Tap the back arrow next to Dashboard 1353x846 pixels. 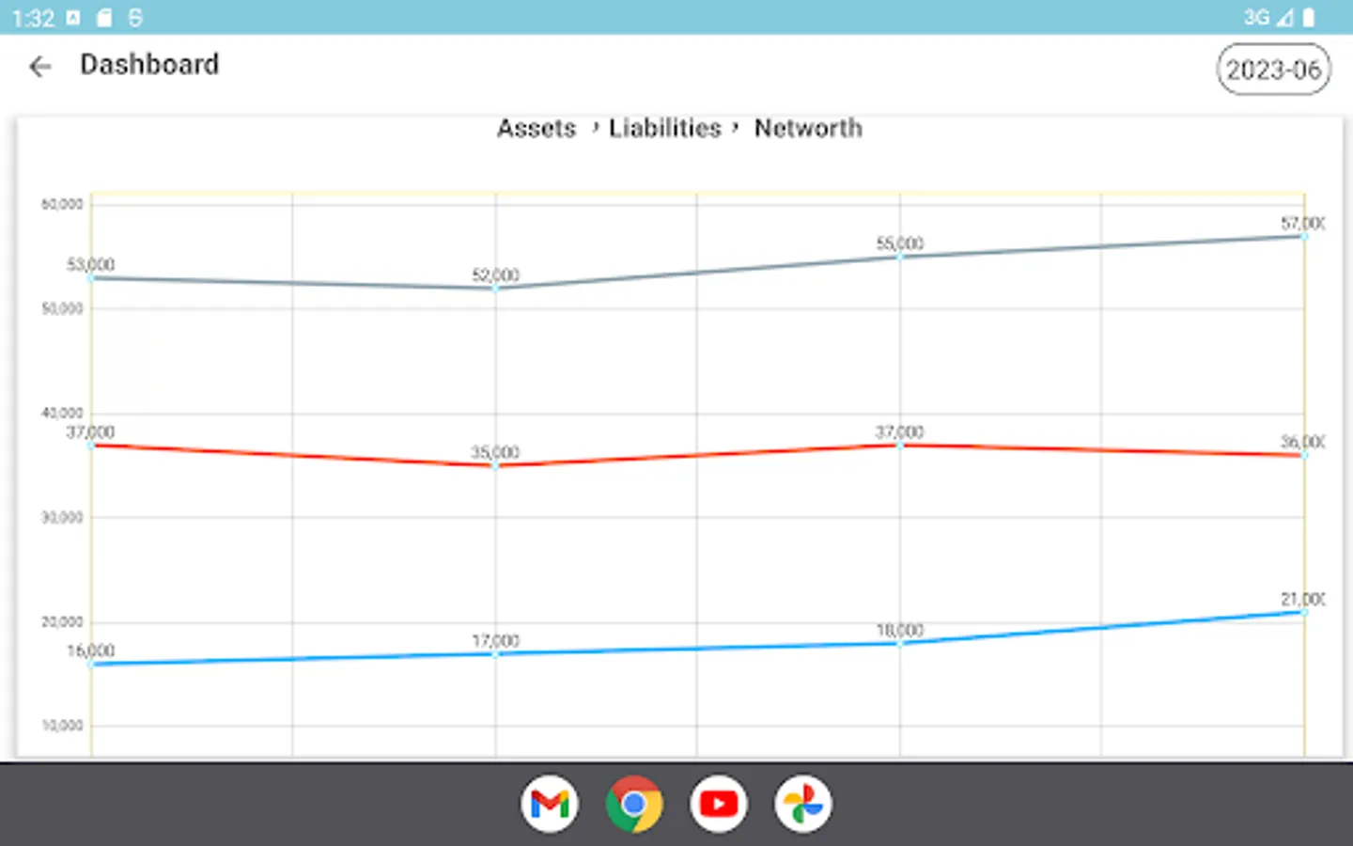pos(39,66)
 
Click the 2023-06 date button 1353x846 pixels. pos(1273,70)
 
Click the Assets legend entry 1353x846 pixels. pos(536,128)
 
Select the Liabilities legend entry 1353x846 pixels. pos(664,128)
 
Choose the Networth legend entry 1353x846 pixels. pos(807,128)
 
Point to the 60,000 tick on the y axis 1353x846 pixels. pos(62,204)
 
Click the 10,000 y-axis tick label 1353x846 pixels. pos(62,726)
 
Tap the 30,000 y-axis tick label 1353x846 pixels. pos(62,517)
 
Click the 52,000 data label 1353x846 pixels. pos(495,274)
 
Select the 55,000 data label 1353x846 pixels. pos(899,243)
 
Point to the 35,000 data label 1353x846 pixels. pos(495,452)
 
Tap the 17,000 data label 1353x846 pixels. pos(495,641)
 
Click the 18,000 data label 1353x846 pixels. pos(899,630)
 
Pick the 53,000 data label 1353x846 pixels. pos(90,264)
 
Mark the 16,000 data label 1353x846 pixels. pos(90,650)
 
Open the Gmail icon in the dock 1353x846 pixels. pos(550,804)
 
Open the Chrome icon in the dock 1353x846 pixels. pos(634,804)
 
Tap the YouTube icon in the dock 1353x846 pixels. pos(719,804)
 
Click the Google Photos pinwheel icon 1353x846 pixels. pos(803,804)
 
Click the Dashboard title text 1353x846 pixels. pos(149,65)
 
